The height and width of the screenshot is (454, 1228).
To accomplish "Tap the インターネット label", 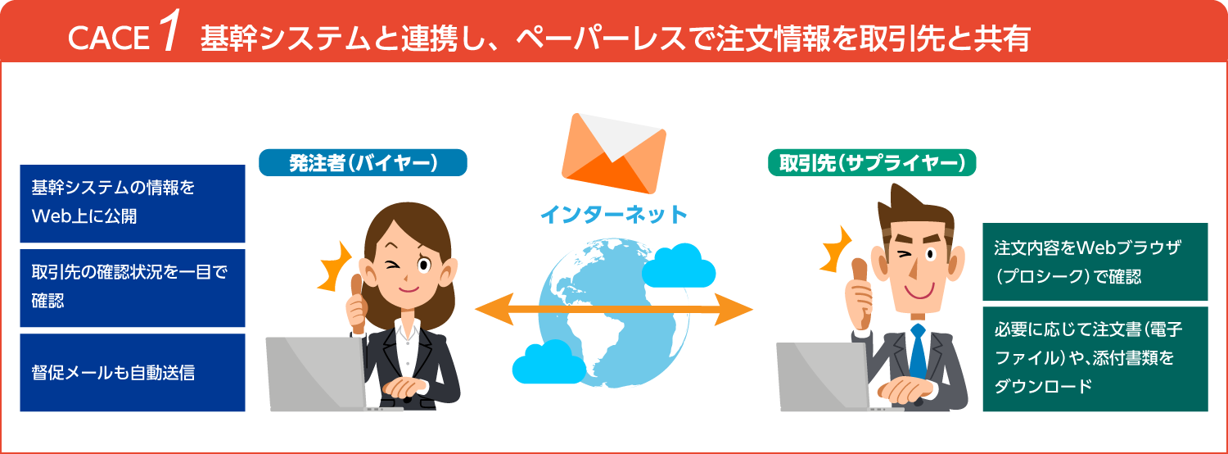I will coord(613,216).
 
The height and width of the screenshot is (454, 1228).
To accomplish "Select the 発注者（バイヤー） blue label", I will coord(363,162).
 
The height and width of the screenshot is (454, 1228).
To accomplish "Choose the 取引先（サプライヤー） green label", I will coord(872,162).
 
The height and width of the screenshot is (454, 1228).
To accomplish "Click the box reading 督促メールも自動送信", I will coord(133,372).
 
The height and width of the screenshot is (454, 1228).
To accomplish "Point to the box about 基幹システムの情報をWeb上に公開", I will coord(133,203).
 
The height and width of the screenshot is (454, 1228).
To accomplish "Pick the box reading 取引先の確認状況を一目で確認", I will coord(133,287).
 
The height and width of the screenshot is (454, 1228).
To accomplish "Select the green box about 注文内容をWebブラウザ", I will coord(1095,261).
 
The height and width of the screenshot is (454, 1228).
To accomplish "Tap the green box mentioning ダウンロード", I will coord(1095,359).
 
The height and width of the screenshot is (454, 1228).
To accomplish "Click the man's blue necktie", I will coord(918,352).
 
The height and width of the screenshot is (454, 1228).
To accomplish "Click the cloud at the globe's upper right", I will coord(679,264).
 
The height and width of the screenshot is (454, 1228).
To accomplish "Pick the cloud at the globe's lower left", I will coord(542,363).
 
